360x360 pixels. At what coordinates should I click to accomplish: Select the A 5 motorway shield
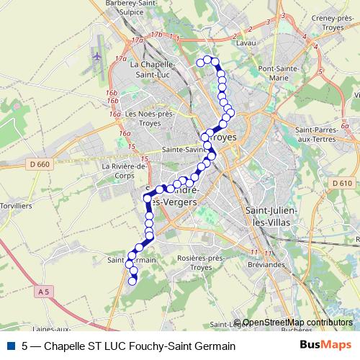pos(45,291)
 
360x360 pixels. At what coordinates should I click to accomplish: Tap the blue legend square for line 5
pos(10,346)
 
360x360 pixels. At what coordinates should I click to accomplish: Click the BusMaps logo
pos(326,345)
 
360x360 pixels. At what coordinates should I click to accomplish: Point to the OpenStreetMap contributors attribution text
pos(297,323)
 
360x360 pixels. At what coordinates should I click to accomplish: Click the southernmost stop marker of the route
pos(132,282)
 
